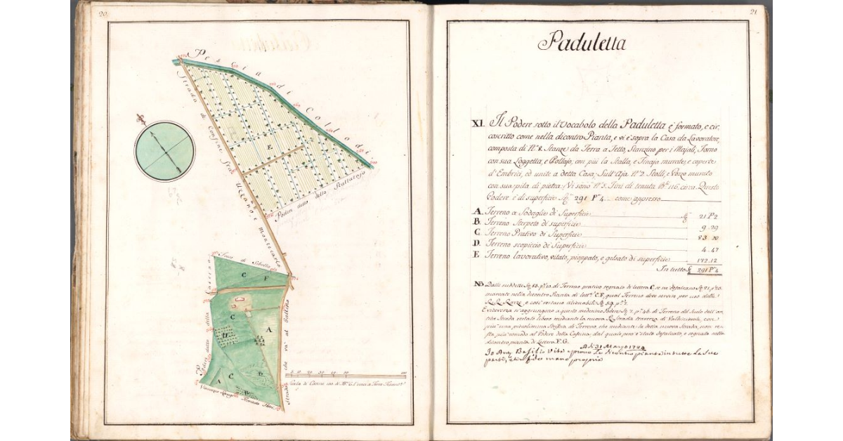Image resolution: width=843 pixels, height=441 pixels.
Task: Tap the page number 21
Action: coord(753,11)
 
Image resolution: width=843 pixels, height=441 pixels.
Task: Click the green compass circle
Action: coord(164,151)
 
